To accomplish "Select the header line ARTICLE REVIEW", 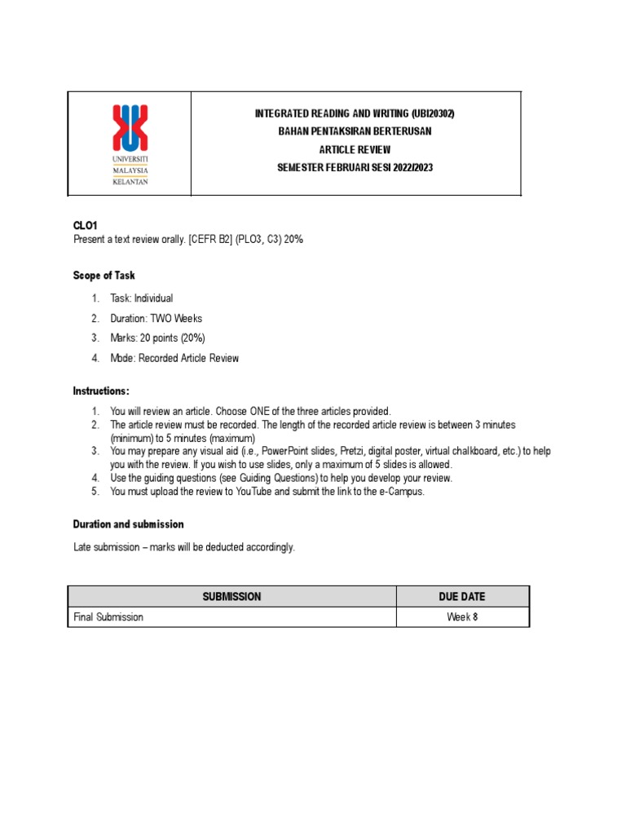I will click(355, 149).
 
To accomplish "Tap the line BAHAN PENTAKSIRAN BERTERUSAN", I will click(355, 131).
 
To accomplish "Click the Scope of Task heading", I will click(104, 276).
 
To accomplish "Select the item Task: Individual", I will click(142, 298).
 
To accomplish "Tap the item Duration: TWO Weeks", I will click(156, 318).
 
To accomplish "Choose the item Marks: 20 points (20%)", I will click(161, 338).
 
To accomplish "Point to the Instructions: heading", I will click(101, 391).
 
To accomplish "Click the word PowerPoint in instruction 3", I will click(295, 450).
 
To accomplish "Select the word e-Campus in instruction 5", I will click(403, 492).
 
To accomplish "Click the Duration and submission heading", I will click(128, 524).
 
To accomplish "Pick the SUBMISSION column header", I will click(231, 597).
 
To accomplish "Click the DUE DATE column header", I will click(462, 597).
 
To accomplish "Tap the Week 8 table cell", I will click(462, 617).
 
